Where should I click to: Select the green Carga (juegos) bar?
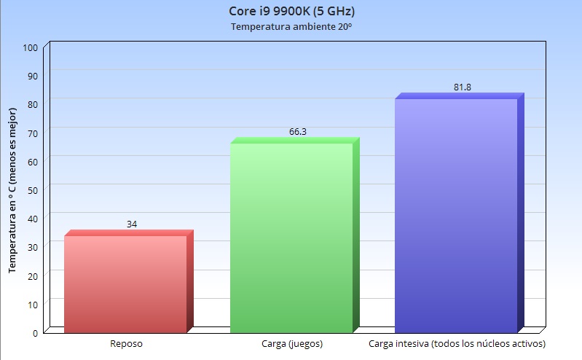pyautogui.click(x=291, y=237)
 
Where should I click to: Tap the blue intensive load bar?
pyautogui.click(x=456, y=215)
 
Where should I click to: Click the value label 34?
pyautogui.click(x=132, y=224)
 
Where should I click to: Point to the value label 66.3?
pyautogui.click(x=297, y=132)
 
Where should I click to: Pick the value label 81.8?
pyautogui.click(x=463, y=87)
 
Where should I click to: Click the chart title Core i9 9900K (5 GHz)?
pyautogui.click(x=291, y=12)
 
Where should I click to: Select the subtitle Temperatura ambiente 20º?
pyautogui.click(x=291, y=27)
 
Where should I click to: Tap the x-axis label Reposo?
pyautogui.click(x=127, y=343)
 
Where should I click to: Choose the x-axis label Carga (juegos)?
pyautogui.click(x=291, y=343)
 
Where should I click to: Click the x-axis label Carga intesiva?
pyautogui.click(x=457, y=343)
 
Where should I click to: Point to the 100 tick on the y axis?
pyautogui.click(x=30, y=47)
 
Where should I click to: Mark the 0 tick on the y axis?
pyautogui.click(x=35, y=332)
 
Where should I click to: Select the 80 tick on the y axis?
pyautogui.click(x=33, y=104)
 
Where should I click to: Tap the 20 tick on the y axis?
pyautogui.click(x=33, y=275)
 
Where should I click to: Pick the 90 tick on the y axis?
pyautogui.click(x=33, y=76)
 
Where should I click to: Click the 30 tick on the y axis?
pyautogui.click(x=33, y=247)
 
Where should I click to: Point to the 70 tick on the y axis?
pyautogui.click(x=33, y=133)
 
